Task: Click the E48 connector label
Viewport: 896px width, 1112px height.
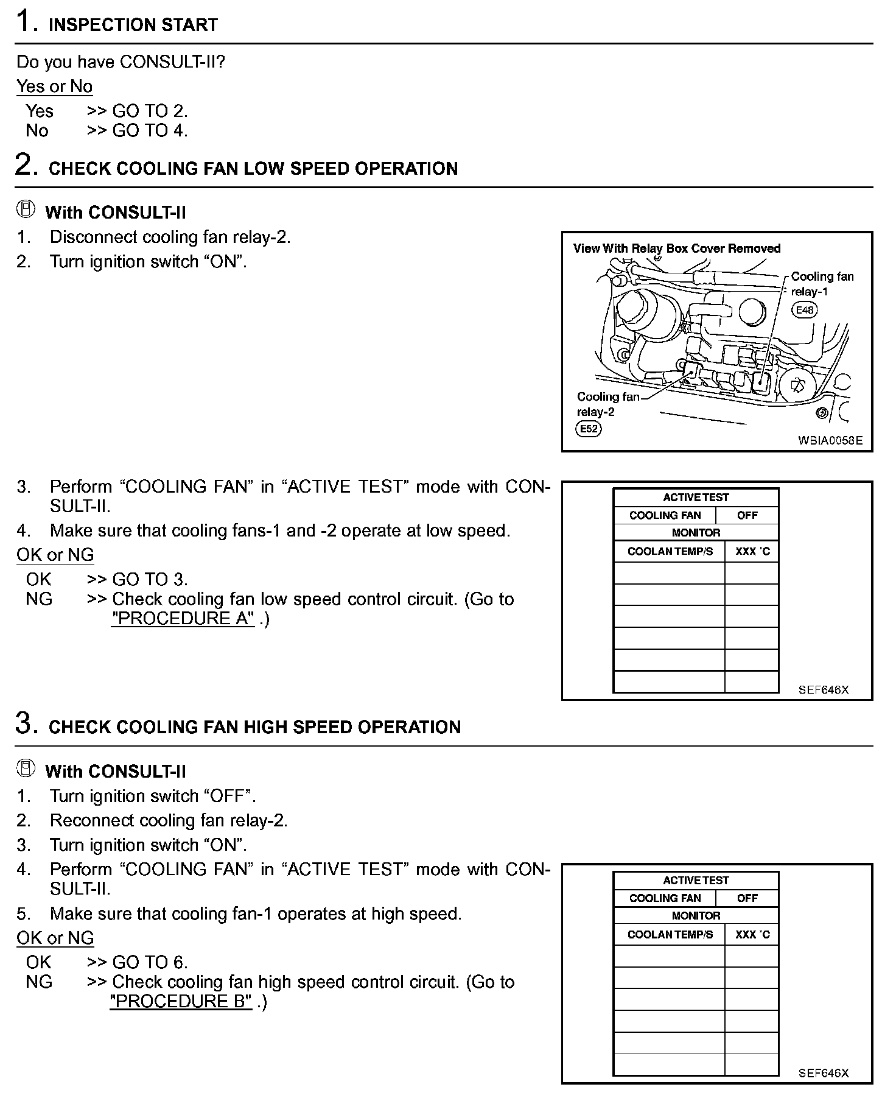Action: point(804,310)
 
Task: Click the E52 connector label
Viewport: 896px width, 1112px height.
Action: point(588,429)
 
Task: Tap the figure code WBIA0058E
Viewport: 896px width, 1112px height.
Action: point(830,440)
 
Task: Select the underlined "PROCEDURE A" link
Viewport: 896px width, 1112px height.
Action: point(183,618)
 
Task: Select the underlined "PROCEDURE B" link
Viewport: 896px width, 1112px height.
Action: point(181,1001)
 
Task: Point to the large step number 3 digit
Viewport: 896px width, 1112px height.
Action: point(25,723)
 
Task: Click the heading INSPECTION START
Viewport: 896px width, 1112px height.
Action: point(133,25)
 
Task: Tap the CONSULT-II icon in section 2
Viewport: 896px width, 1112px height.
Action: point(25,210)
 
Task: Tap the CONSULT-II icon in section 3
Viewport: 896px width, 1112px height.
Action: point(25,769)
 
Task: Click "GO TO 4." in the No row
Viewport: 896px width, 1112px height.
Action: point(150,130)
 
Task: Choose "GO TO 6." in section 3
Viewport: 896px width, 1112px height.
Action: point(150,962)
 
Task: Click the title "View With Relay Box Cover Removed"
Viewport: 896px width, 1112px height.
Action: point(676,248)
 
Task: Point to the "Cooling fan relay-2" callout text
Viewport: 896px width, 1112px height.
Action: point(607,404)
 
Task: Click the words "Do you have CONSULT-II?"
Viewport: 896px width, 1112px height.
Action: point(121,62)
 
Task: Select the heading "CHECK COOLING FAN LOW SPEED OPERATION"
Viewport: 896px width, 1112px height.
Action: point(253,169)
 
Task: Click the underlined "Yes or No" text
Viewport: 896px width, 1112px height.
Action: point(54,86)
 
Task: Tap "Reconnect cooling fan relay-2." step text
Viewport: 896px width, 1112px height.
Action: point(169,820)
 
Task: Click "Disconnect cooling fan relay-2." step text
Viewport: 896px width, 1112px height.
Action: point(170,237)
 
